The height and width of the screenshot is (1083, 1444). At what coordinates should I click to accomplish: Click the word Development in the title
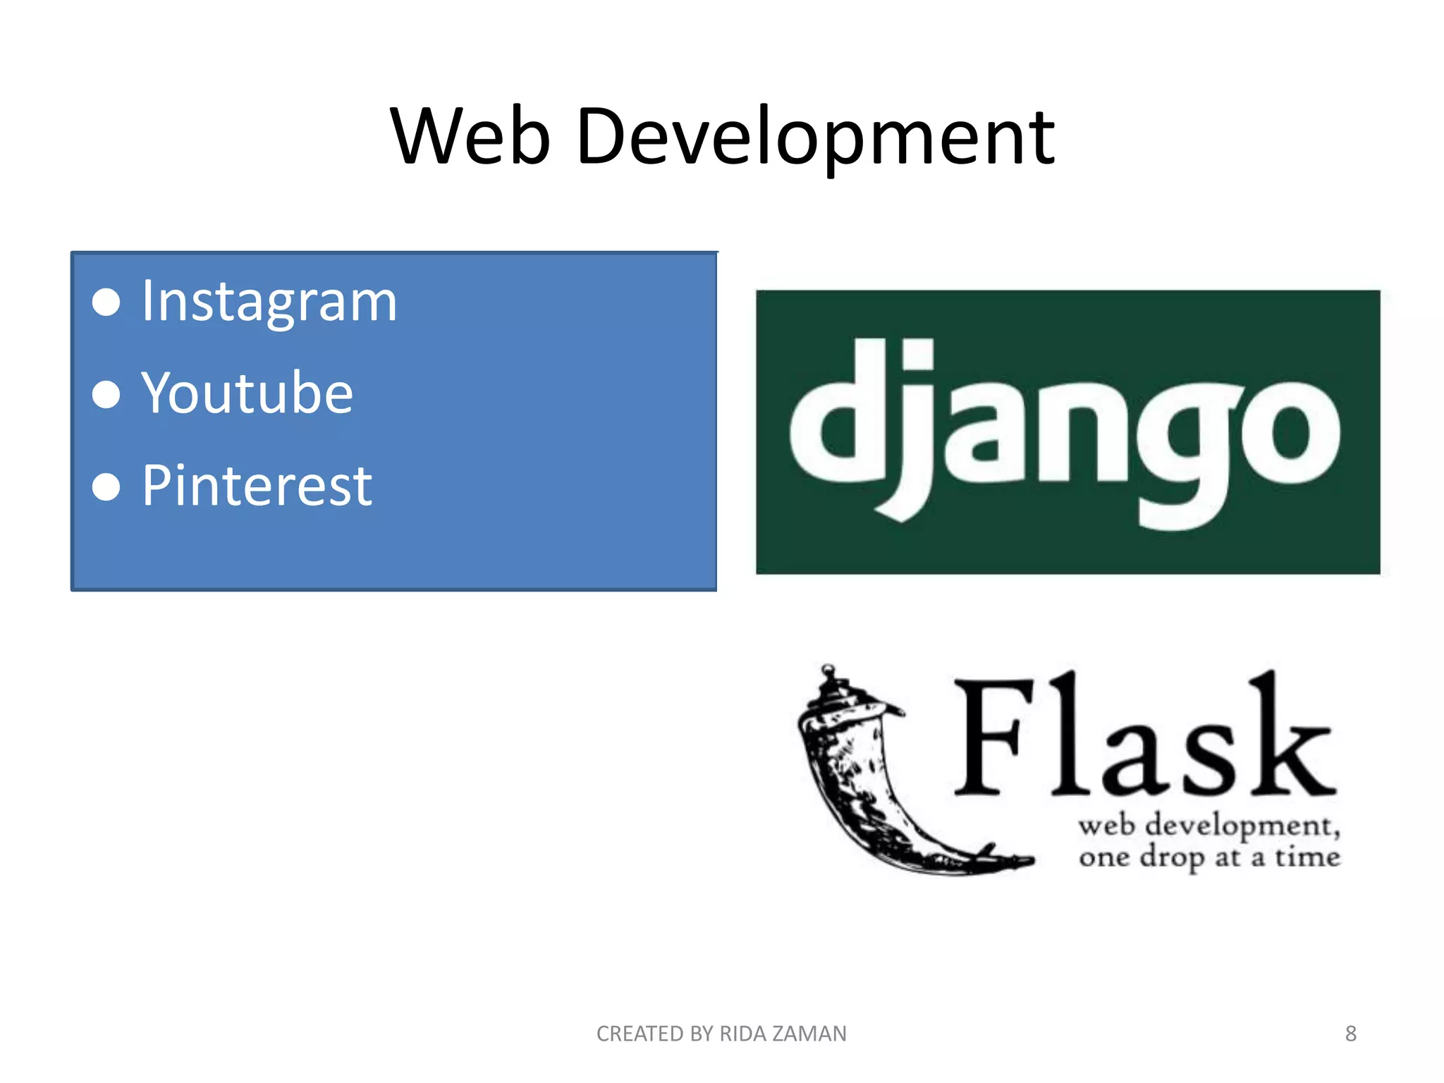point(815,138)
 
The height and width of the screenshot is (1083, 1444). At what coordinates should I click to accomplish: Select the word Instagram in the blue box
point(269,302)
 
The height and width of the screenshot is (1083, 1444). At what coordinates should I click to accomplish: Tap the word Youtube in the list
point(247,393)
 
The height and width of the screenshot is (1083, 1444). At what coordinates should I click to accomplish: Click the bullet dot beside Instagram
point(106,302)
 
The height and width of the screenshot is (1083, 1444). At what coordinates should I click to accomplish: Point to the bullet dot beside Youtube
point(106,394)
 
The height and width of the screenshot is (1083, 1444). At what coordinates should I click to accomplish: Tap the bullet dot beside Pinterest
point(106,487)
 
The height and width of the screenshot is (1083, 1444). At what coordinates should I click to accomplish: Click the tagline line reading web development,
point(1209,826)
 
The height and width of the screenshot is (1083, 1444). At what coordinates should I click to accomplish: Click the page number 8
point(1350,1034)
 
